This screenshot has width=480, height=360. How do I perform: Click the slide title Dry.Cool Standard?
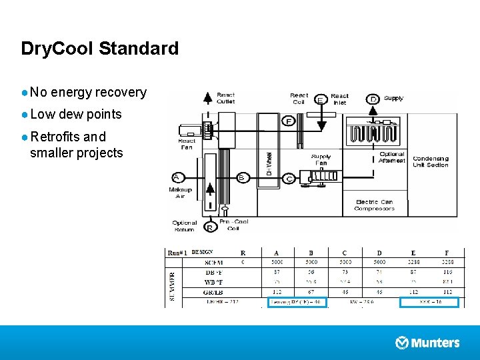click(x=100, y=49)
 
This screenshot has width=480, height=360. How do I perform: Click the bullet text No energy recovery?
click(x=88, y=93)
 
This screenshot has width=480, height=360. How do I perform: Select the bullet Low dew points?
click(x=75, y=114)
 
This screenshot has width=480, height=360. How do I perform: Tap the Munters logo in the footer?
click(x=427, y=343)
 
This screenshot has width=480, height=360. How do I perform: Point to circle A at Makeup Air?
click(x=177, y=177)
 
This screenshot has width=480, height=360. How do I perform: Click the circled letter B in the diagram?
click(x=242, y=177)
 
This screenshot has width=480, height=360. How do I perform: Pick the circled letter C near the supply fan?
click(x=289, y=179)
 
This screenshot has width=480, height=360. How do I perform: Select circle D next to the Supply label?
click(x=374, y=99)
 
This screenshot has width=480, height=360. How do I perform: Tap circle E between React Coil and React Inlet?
click(x=321, y=100)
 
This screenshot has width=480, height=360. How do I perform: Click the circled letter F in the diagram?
click(x=289, y=121)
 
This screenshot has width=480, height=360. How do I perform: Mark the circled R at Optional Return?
click(x=210, y=227)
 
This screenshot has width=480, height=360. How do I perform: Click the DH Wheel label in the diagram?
click(x=269, y=163)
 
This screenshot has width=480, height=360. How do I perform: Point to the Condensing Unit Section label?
click(x=431, y=161)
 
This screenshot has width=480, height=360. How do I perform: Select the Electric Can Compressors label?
click(x=374, y=205)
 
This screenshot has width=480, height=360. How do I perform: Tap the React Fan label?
click(x=186, y=144)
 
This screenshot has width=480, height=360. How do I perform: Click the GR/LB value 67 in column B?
click(x=311, y=292)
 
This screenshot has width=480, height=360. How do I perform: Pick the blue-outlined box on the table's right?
click(x=429, y=302)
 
